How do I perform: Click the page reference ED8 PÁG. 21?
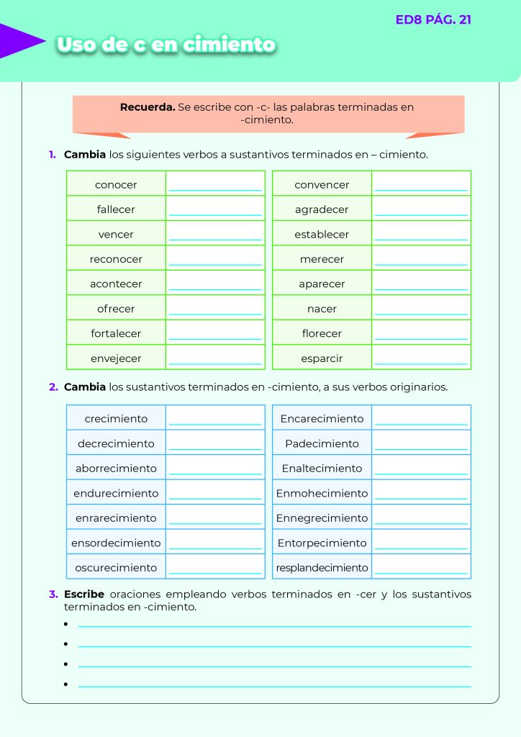point(433,19)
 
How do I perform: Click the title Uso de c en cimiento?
point(166,45)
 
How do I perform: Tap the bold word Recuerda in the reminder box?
point(147,107)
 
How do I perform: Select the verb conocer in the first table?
point(116,185)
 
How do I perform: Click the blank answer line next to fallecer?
point(215,213)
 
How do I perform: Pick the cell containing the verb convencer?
point(322,185)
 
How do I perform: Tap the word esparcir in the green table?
point(322,358)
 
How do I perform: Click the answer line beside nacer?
point(421,312)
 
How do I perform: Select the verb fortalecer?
point(116,334)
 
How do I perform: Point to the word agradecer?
point(322,210)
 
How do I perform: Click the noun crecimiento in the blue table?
point(116,419)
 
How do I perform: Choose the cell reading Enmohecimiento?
point(322,494)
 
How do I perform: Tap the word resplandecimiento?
point(322,568)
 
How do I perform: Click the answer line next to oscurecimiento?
point(215,571)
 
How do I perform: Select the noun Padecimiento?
point(322,444)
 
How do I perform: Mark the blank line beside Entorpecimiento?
point(421,547)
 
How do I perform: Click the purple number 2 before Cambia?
point(53,387)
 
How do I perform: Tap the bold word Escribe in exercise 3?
point(84,594)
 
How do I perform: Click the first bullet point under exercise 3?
point(65,624)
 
